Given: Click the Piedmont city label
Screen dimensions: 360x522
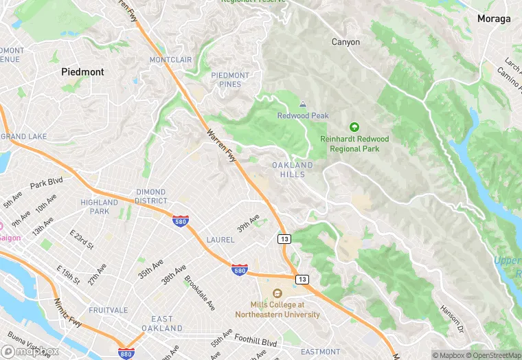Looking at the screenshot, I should pyautogui.click(x=82, y=71).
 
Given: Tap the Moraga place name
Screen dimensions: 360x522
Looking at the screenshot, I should pyautogui.click(x=494, y=19).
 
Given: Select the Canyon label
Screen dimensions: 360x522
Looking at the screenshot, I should pyautogui.click(x=345, y=42).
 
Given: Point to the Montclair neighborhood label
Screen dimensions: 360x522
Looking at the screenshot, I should pyautogui.click(x=170, y=60).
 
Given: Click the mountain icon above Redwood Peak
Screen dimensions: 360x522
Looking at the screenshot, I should pyautogui.click(x=303, y=104).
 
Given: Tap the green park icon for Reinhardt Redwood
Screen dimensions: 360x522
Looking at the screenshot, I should pyautogui.click(x=354, y=127).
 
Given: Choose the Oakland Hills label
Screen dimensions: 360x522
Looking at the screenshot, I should pyautogui.click(x=292, y=170).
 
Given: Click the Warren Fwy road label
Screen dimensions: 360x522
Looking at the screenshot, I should pyautogui.click(x=220, y=144).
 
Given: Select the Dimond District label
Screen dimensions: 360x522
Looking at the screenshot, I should pyautogui.click(x=150, y=196).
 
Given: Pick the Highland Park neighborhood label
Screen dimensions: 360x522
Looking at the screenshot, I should pyautogui.click(x=100, y=207).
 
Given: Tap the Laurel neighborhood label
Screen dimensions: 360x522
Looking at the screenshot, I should pyautogui.click(x=220, y=240).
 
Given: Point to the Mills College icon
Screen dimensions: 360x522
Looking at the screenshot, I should pyautogui.click(x=277, y=293).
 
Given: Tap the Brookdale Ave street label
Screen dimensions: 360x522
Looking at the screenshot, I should pyautogui.click(x=200, y=293).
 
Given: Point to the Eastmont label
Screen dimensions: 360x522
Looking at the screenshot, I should pyautogui.click(x=320, y=352).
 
